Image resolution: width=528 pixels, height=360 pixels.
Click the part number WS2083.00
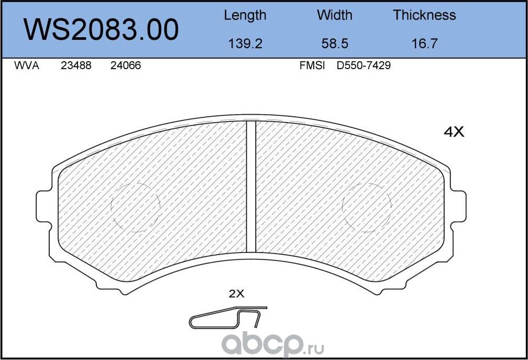coord(102,30)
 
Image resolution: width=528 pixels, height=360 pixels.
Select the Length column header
coord(245,15)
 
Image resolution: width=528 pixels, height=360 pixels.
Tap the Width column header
coord(334,15)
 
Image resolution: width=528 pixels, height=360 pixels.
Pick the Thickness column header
coord(424,15)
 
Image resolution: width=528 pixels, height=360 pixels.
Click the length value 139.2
coord(245,43)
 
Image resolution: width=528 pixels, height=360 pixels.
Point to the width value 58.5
coord(334,43)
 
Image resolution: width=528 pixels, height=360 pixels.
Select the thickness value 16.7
coord(424,43)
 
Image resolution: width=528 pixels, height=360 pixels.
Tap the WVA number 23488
coord(76,66)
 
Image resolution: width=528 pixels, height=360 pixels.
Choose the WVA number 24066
coord(125,66)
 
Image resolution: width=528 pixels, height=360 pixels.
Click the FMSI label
coord(312,66)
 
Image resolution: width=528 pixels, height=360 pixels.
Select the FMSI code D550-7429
coord(364,66)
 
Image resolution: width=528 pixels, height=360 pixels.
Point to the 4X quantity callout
coord(454,133)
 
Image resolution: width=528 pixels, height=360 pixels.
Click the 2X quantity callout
coord(237,294)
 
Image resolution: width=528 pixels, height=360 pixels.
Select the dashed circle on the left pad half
coord(135,208)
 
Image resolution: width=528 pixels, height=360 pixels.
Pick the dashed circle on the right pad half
coord(367,208)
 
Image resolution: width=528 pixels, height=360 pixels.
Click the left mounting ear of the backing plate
coord(43,206)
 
